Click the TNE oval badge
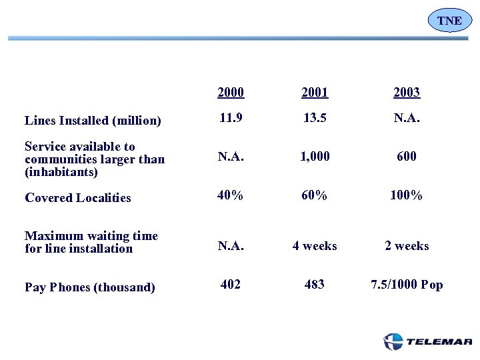[x=449, y=21]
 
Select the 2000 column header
[x=231, y=92]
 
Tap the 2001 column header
[x=315, y=92]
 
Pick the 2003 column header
[x=407, y=92]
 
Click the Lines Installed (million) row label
[x=93, y=121]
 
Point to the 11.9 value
[x=231, y=118]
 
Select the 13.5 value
[x=315, y=118]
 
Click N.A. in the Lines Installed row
[x=407, y=118]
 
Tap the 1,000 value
[x=315, y=157]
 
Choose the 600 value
[x=407, y=157]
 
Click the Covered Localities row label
[x=78, y=198]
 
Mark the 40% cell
[x=231, y=195]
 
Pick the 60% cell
[x=315, y=195]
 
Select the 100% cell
[x=407, y=195]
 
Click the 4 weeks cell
[x=315, y=246]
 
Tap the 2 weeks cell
[x=407, y=246]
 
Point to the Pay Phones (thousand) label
[x=90, y=287]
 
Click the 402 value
[x=231, y=285]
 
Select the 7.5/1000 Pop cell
[x=407, y=285]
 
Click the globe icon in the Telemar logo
[x=393, y=341]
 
